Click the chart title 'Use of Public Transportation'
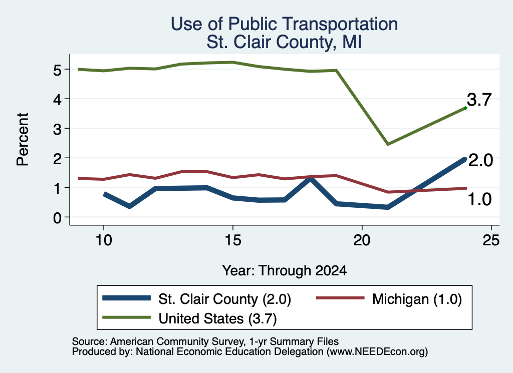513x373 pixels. pos(285,24)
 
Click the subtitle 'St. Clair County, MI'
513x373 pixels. pos(285,42)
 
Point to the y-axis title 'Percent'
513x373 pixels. pos(23,139)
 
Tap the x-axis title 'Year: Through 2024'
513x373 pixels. pos(285,270)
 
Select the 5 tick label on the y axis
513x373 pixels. pos(57,70)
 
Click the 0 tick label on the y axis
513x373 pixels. pos(57,217)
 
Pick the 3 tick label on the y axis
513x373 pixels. pos(57,129)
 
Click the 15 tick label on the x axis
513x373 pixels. pos(233,240)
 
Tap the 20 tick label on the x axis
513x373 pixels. pos(362,240)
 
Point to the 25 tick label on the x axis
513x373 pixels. pos(491,240)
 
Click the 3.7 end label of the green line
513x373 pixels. pos(479,99)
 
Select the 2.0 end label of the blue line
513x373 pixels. pos(480,160)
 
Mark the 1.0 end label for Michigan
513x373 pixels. pos(479,199)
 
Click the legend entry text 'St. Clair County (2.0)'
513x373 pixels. pos(224,299)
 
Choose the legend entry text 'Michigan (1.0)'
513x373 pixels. pos(417,299)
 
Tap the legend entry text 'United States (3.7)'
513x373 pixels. pos(217,318)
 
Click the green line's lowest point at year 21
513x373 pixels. pos(388,144)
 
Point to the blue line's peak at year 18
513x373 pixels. pos(311,179)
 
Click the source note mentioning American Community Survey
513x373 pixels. pos(205,341)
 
